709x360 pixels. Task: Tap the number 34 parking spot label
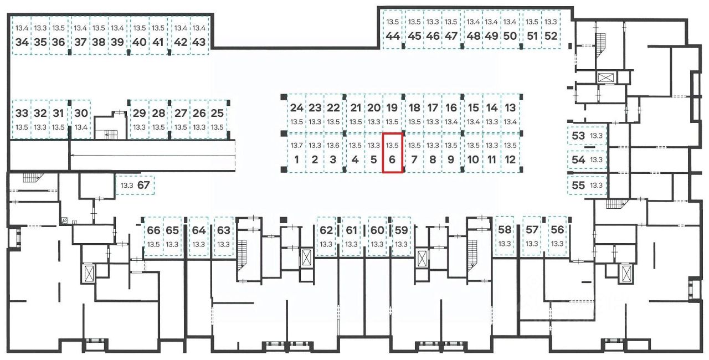[22, 42]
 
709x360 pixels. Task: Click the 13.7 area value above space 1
[296, 146]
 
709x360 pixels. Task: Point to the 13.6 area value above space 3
[333, 146]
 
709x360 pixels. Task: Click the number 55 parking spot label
[578, 185]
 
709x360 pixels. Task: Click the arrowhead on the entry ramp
[73, 155]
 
